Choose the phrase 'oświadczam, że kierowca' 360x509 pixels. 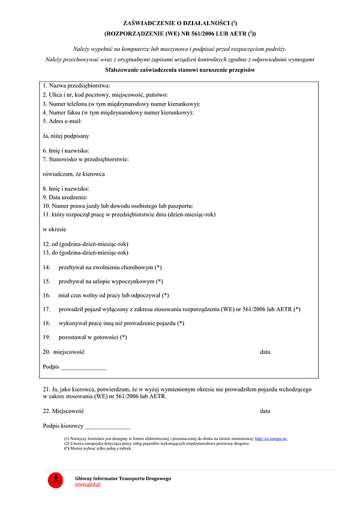click(74, 174)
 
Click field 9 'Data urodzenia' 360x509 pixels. click(65, 197)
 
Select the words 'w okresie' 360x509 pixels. click(54, 229)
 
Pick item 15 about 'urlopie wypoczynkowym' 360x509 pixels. click(110, 281)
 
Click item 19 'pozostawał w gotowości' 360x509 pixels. click(92, 338)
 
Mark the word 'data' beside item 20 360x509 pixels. click(265, 352)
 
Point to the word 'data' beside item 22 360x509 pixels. click(265, 411)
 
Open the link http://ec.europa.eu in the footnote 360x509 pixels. click(271, 439)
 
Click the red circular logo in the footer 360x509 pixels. click(55, 480)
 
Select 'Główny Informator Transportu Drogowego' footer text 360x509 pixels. click(123, 478)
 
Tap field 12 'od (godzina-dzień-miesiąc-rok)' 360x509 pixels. click(85, 245)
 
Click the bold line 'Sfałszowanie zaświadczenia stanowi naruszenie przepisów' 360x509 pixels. click(180, 70)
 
